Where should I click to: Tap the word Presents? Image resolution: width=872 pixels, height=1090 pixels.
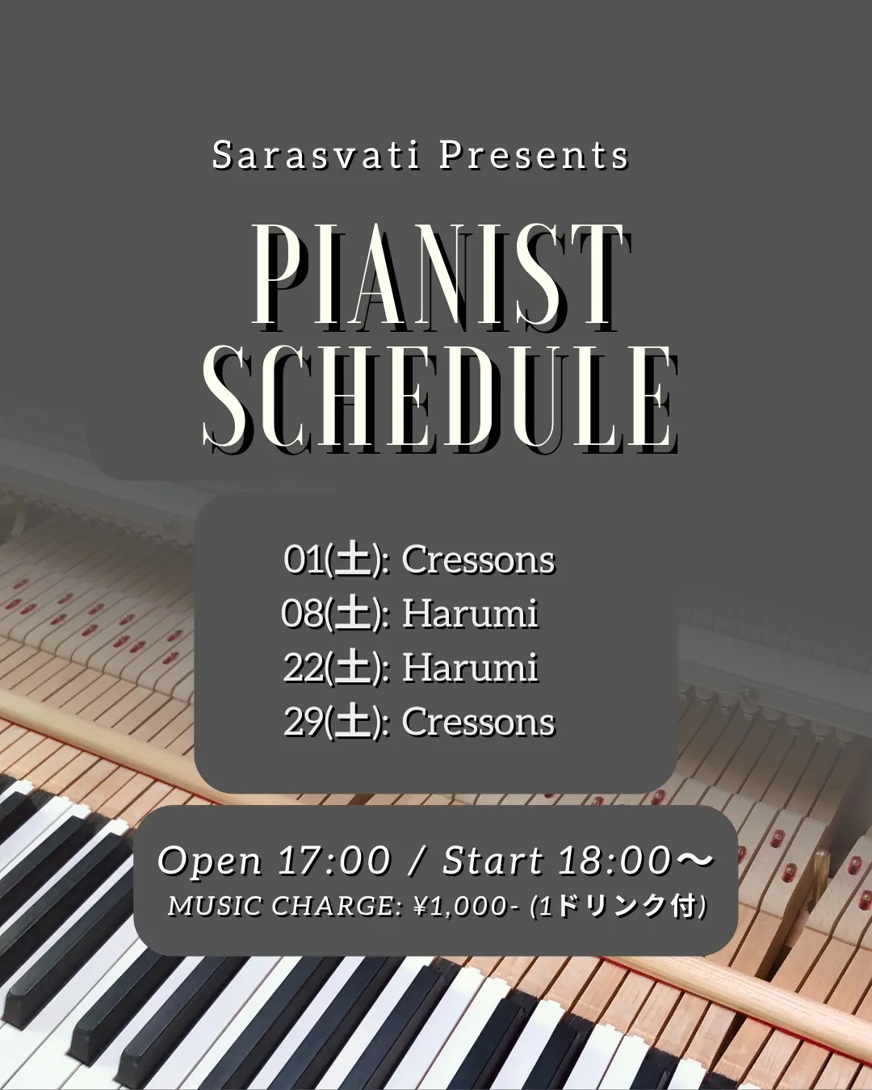tap(534, 156)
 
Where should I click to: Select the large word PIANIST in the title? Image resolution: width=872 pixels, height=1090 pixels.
tap(440, 277)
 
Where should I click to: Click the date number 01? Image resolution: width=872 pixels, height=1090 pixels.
tap(304, 560)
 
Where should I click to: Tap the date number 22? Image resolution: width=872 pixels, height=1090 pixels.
tap(304, 668)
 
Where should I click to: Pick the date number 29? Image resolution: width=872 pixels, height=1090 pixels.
tap(304, 721)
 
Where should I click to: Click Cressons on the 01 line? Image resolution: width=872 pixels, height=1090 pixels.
tap(478, 560)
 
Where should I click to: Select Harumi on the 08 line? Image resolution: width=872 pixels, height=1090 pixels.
tap(470, 614)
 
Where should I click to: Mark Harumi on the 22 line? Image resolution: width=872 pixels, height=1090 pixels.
tap(470, 668)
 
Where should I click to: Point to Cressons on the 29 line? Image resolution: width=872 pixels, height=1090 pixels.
tap(478, 722)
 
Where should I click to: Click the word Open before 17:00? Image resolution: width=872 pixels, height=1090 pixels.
tap(210, 862)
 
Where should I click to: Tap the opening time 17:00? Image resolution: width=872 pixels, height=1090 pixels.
tap(334, 861)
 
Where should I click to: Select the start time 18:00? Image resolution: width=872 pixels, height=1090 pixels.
tap(614, 861)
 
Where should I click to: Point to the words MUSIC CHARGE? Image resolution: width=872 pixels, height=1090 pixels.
tap(284, 907)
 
